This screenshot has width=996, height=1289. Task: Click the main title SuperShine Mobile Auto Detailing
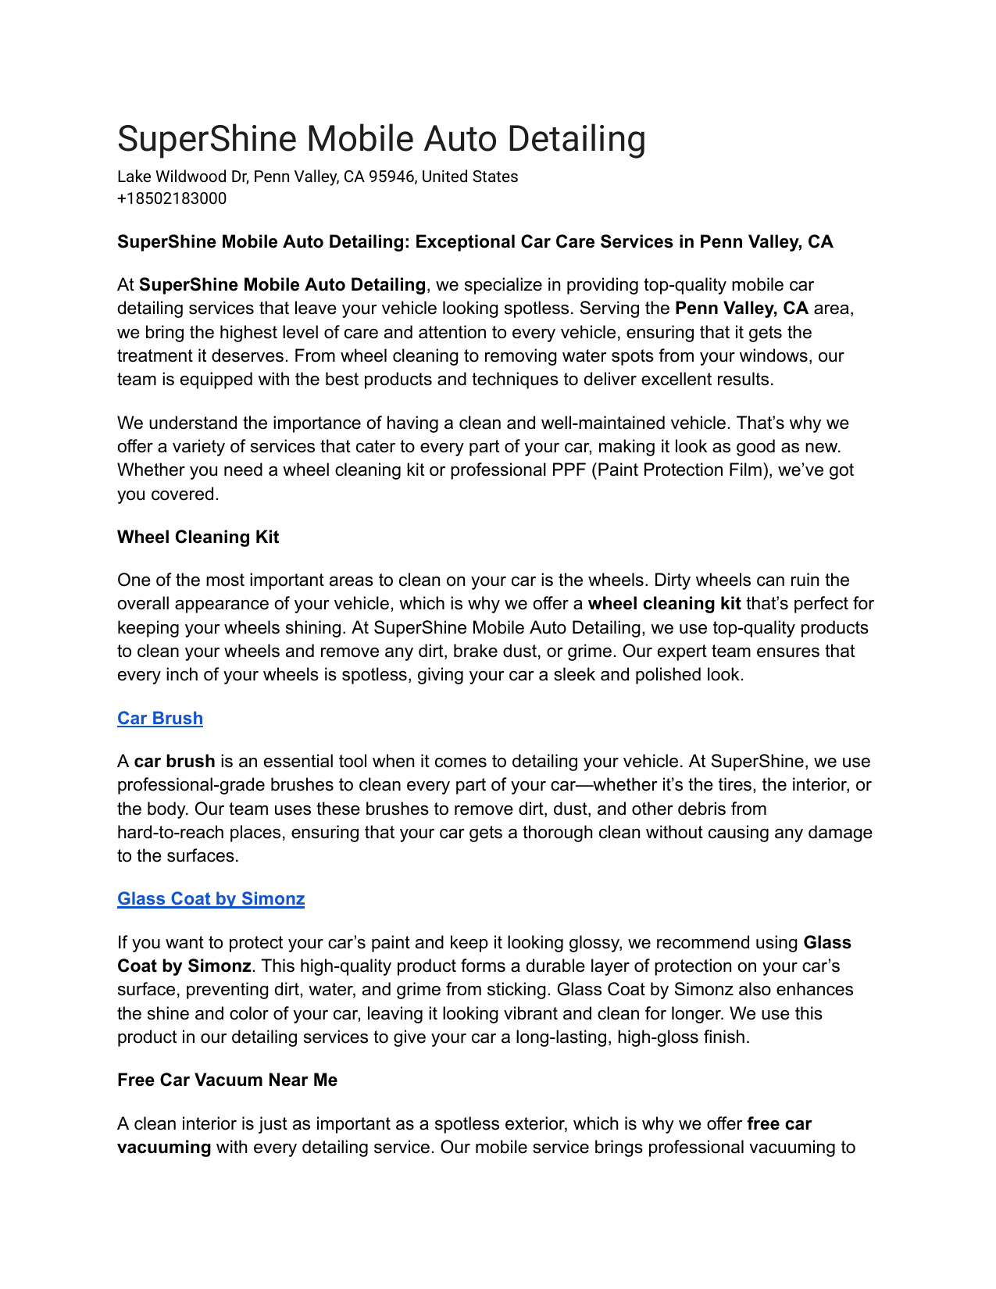pyautogui.click(x=381, y=139)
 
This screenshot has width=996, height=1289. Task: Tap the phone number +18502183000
pyautogui.click(x=172, y=198)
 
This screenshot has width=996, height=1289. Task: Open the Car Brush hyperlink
pyautogui.click(x=160, y=718)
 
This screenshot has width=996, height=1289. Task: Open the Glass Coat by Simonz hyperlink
pyautogui.click(x=211, y=898)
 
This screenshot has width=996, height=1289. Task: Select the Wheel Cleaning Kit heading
pyautogui.click(x=198, y=537)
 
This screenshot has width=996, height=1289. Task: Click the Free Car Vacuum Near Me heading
pyautogui.click(x=227, y=1080)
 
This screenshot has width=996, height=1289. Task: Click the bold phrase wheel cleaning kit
pyautogui.click(x=664, y=604)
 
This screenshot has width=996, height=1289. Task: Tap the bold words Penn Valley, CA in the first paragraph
pyautogui.click(x=741, y=309)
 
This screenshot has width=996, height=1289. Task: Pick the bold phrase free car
pyautogui.click(x=779, y=1123)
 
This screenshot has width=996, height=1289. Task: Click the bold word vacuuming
pyautogui.click(x=164, y=1147)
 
